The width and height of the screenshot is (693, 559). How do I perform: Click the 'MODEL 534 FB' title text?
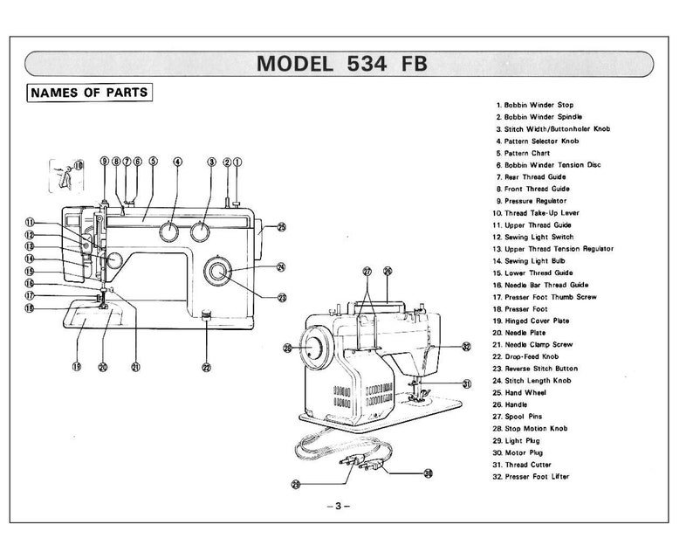tap(341, 64)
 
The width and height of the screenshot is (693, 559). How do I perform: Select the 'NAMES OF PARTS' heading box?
tap(89, 93)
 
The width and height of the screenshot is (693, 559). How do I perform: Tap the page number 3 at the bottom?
tap(338, 506)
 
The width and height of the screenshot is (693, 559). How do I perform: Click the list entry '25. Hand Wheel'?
tap(519, 393)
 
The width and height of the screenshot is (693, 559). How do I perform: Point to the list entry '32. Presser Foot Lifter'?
tap(531, 477)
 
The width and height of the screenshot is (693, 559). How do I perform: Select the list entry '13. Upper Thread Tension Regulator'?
tap(552, 249)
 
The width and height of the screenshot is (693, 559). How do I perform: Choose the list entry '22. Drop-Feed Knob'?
tap(525, 356)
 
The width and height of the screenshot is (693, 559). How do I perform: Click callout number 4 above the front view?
tap(177, 162)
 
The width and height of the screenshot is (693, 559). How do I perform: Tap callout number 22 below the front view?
tap(206, 367)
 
